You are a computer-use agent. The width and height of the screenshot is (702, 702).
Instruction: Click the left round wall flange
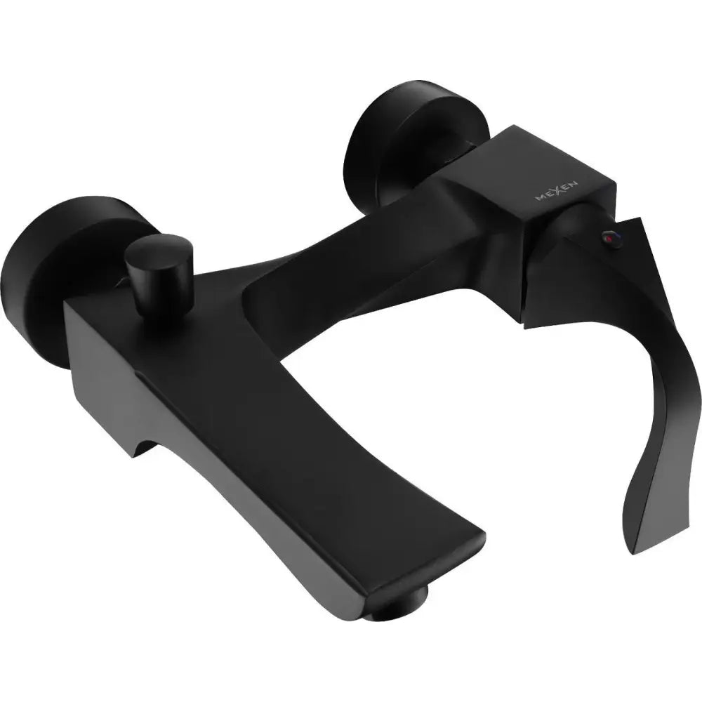click(x=42, y=274)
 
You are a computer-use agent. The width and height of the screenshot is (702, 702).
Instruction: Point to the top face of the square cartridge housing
click(x=534, y=151)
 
